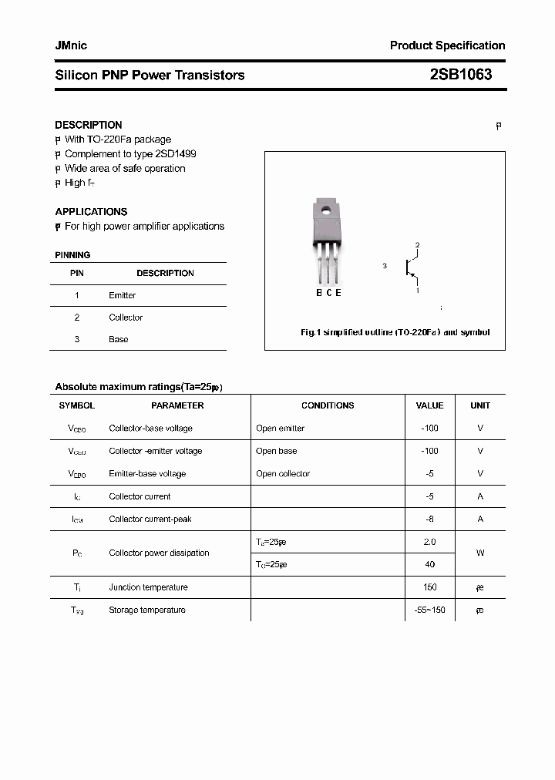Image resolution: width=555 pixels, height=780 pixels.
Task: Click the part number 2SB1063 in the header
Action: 460,75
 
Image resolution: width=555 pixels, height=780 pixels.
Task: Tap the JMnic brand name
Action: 71,45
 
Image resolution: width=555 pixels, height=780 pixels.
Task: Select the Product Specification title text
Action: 447,45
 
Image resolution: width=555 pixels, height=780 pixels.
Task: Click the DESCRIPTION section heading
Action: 89,125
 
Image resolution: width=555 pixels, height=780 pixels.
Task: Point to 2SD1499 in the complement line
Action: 176,154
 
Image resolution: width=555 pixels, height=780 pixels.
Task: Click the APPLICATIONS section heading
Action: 91,211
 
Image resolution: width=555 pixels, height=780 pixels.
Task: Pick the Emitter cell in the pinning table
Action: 123,295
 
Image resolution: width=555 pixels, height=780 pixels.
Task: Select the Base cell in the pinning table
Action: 119,339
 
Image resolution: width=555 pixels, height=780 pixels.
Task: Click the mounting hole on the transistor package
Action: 325,210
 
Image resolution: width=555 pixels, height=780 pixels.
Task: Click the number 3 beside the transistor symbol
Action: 384,266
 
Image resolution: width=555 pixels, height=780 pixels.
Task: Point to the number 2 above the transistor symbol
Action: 417,245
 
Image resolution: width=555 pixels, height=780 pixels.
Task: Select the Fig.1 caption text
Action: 395,332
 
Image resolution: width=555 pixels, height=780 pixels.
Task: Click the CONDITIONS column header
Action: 328,405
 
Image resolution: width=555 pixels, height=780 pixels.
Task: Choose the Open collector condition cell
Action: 283,474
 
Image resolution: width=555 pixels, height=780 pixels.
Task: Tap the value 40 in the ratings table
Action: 429,564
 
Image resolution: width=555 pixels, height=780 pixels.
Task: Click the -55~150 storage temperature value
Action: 429,610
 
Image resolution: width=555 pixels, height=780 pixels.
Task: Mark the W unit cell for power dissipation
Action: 480,553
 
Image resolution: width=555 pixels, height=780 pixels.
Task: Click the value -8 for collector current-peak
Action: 429,519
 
